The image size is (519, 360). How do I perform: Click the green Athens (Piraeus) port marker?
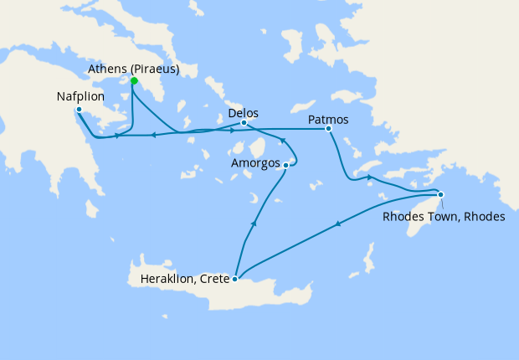(133, 81)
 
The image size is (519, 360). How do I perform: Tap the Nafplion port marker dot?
(79, 110)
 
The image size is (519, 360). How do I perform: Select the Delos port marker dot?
(244, 123)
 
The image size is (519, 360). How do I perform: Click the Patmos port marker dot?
(328, 129)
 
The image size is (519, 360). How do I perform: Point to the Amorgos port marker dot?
(286, 166)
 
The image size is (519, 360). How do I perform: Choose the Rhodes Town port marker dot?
(440, 195)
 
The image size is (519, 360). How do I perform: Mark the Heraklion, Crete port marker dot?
(235, 280)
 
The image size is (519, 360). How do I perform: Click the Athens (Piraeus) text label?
(134, 69)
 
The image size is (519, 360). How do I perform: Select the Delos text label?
(244, 112)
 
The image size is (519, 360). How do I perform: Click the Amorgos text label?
(254, 163)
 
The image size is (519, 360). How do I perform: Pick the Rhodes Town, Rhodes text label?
(443, 216)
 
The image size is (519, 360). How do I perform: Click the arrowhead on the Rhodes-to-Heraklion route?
(337, 224)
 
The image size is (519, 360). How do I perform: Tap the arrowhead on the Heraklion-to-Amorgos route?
(253, 224)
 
